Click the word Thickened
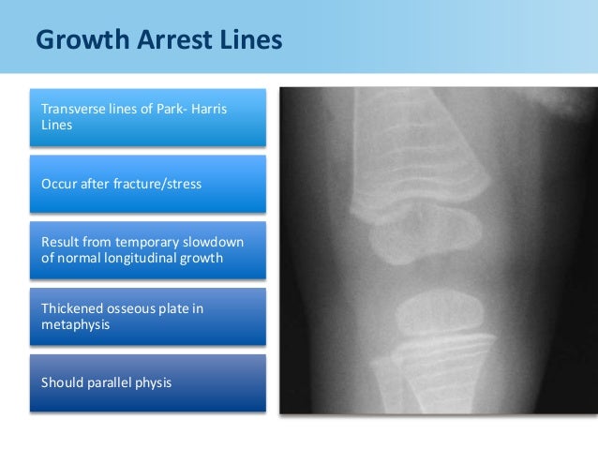(72, 308)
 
